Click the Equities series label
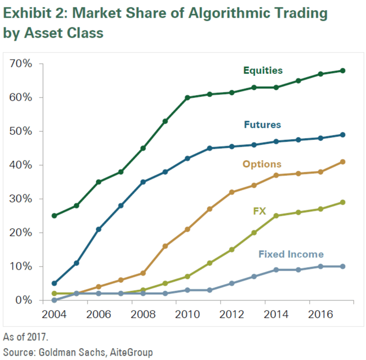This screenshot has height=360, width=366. click(263, 70)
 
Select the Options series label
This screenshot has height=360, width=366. click(262, 164)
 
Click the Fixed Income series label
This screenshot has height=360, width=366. click(291, 254)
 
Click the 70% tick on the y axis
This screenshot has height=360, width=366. click(21, 64)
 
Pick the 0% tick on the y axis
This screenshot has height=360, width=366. click(23, 301)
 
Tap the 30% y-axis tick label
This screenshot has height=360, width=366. click(21, 199)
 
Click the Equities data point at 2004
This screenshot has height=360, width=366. click(54, 215)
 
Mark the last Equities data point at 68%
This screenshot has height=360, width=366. click(343, 70)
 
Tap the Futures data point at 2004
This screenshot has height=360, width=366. click(54, 283)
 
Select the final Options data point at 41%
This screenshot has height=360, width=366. click(343, 162)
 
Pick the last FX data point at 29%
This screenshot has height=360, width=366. click(343, 202)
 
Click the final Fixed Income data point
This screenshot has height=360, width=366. click(343, 266)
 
